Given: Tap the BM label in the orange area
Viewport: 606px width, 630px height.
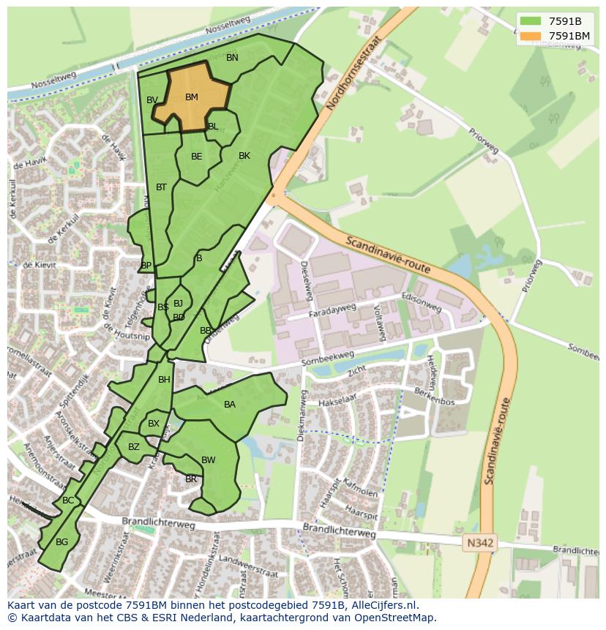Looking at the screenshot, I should (x=191, y=97).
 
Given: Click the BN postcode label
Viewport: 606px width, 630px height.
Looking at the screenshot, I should (x=232, y=58).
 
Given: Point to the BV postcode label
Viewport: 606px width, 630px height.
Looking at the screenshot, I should (x=152, y=100).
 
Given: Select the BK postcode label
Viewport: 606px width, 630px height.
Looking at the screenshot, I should (x=244, y=156).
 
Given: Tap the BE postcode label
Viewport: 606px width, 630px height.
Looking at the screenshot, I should (x=197, y=157).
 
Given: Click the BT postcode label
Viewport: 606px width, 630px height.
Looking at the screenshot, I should (x=162, y=187).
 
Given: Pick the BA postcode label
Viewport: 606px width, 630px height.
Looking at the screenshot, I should (x=230, y=405).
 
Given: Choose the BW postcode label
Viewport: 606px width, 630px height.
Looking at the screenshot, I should (x=209, y=460).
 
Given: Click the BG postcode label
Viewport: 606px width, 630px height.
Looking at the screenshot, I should (x=62, y=542).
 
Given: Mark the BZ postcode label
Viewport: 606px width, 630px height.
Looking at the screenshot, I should (x=134, y=447).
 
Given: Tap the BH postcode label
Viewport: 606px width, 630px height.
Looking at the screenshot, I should (x=164, y=380).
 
